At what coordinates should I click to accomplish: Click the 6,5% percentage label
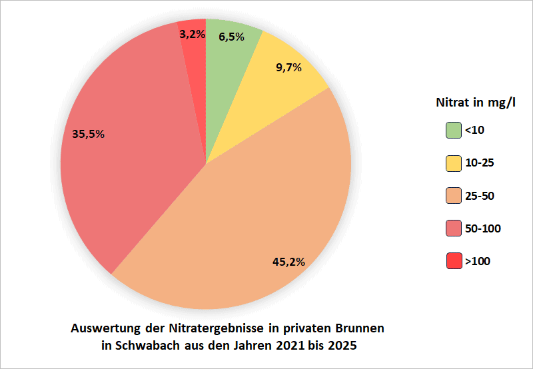[x=231, y=37]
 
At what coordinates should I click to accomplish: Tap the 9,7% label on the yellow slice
[x=289, y=67]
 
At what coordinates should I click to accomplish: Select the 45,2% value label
[x=289, y=262]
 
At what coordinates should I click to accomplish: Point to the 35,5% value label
[x=88, y=134]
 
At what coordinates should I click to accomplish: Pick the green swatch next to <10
[x=454, y=131]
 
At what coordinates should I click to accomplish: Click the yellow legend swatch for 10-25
[x=454, y=163]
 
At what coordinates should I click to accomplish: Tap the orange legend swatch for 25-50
[x=454, y=196]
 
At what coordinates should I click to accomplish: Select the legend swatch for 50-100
[x=454, y=228]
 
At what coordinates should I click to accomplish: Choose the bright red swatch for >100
[x=454, y=261]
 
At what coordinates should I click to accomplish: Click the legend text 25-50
[x=480, y=196]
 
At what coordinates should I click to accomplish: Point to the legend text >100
[x=478, y=261]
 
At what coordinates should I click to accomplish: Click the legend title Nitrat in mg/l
[x=476, y=103]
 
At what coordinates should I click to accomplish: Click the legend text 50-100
[x=483, y=228]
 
